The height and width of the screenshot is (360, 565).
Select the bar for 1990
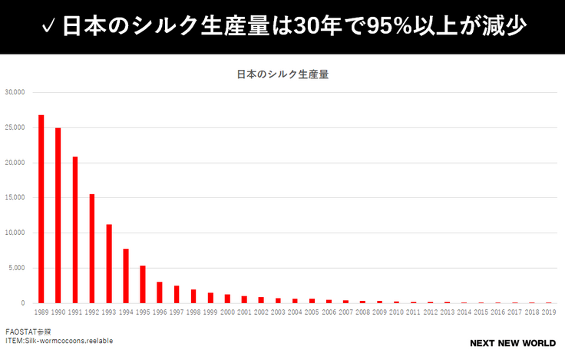pos(58,215)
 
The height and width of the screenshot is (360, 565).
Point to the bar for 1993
pos(109,263)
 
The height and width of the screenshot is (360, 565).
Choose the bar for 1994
pos(126,276)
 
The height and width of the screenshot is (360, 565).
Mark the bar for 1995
pos(143,284)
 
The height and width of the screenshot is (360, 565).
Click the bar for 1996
pos(160,292)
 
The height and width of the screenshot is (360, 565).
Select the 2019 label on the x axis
pos(549,312)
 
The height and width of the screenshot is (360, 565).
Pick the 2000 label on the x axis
pos(227,312)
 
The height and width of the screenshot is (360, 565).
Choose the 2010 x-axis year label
pos(396,312)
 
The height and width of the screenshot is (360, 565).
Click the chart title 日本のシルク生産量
pos(282,74)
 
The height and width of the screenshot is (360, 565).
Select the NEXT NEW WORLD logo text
pos(513,343)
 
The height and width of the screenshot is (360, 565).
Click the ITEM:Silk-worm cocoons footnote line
pos(59,341)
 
